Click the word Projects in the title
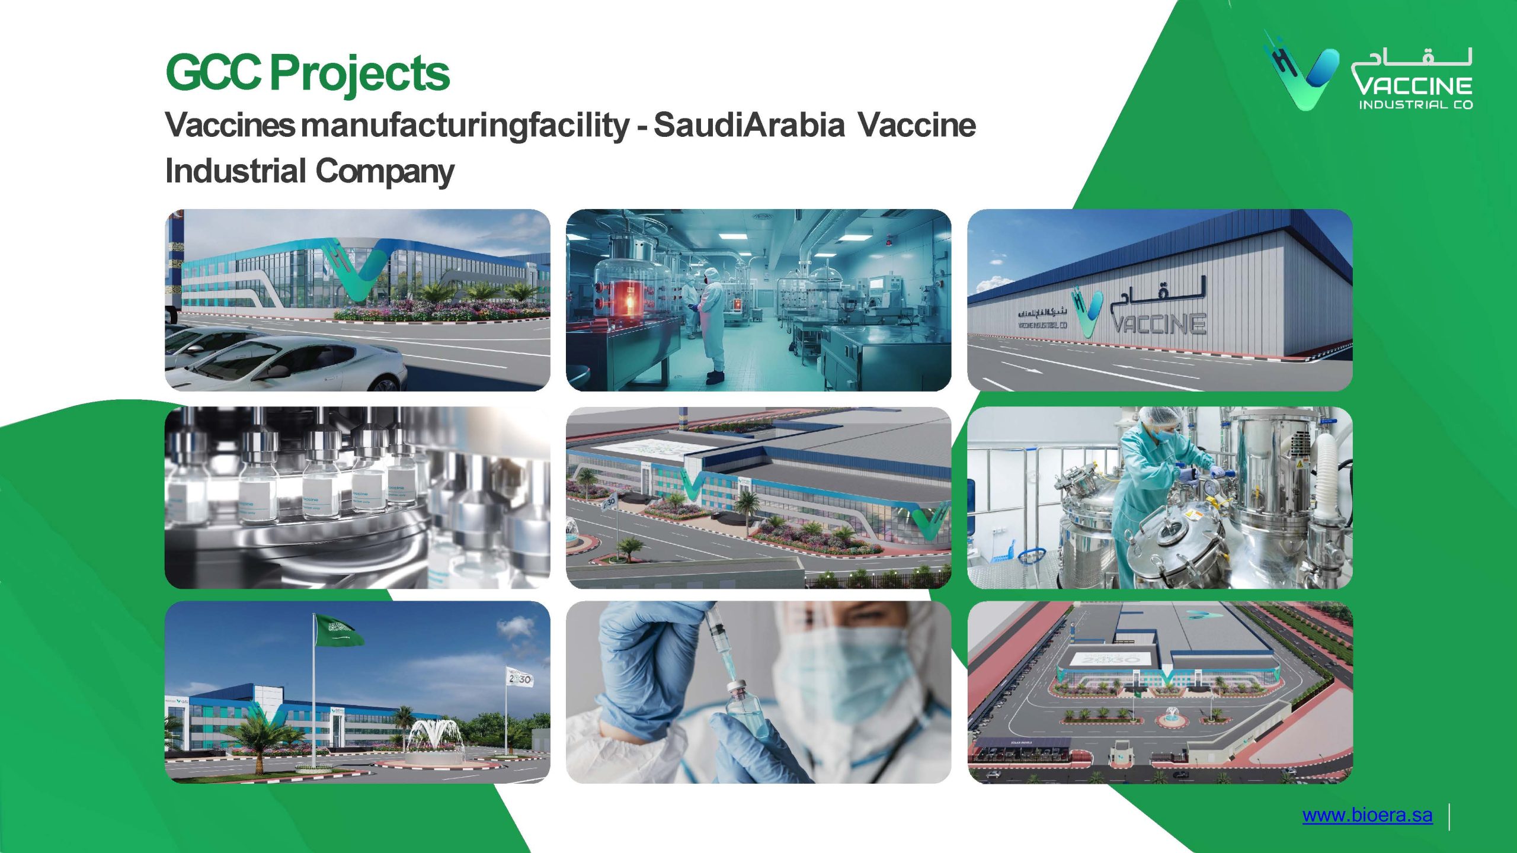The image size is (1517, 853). [360, 74]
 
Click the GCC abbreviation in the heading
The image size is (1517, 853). [213, 73]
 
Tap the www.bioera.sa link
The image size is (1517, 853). [1367, 815]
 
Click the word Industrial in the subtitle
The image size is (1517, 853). [235, 171]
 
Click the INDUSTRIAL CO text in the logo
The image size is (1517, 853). [1416, 105]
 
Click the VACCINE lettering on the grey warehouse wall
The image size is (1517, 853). [1158, 323]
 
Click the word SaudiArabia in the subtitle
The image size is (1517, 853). [749, 125]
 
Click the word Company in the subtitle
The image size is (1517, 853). [385, 171]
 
